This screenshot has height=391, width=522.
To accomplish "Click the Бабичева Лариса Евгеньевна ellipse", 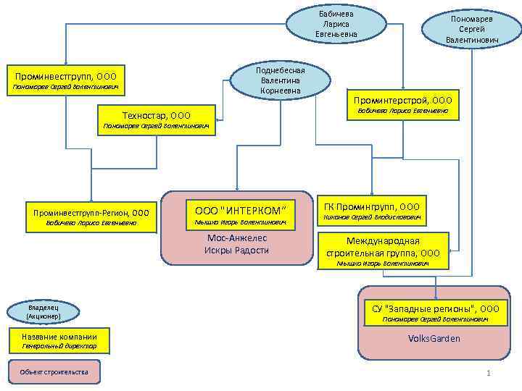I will [336, 24].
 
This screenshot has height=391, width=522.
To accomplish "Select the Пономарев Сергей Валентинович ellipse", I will [472, 29].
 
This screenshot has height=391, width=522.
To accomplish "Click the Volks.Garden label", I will [434, 338].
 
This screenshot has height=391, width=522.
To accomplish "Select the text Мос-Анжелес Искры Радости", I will [236, 244].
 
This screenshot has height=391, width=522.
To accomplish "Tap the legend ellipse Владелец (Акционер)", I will [43, 312].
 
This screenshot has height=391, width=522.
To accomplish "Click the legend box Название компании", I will [59, 337].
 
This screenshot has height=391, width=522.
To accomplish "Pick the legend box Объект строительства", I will [55, 372].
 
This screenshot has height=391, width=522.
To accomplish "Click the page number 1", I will [489, 373].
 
